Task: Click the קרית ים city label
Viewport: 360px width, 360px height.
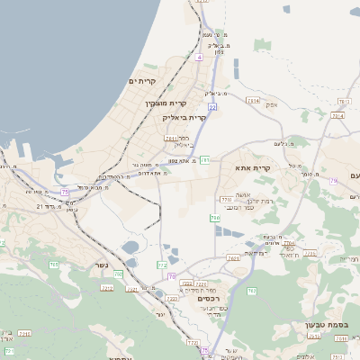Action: (142, 81)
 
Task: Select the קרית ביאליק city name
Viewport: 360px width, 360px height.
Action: (185, 117)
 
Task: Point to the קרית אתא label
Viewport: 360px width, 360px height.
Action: (253, 168)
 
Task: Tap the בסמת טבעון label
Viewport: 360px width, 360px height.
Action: (337, 325)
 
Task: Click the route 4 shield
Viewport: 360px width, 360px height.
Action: (198, 56)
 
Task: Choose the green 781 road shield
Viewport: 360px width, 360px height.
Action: (205, 160)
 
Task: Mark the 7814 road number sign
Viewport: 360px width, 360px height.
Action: (253, 101)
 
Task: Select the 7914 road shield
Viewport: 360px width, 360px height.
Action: (338, 116)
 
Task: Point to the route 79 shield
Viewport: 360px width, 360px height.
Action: (333, 181)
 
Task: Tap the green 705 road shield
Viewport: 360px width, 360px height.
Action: (53, 264)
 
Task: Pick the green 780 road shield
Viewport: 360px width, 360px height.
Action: (214, 218)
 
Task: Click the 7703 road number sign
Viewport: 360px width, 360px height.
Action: (224, 199)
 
